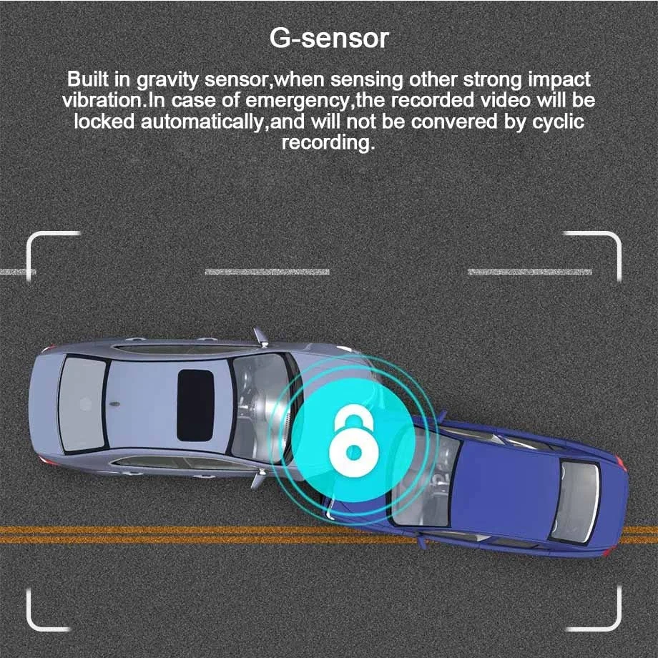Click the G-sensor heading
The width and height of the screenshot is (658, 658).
[x=329, y=37]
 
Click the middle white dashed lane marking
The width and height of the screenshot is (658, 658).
[x=267, y=272]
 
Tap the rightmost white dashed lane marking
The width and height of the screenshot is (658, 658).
[x=529, y=272]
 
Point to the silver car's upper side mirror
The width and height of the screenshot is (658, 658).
[x=259, y=336]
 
